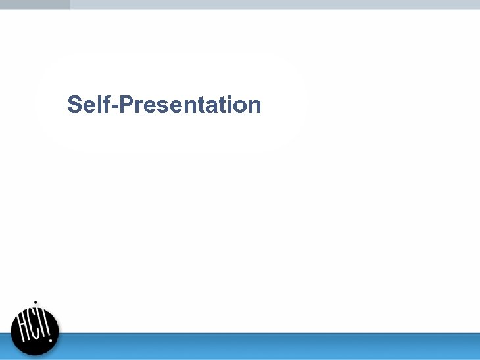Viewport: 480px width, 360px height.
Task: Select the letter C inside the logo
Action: pyautogui.click(x=36, y=329)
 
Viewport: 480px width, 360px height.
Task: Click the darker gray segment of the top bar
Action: pyautogui.click(x=34, y=4)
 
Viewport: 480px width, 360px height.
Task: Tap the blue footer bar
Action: pyautogui.click(x=263, y=346)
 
